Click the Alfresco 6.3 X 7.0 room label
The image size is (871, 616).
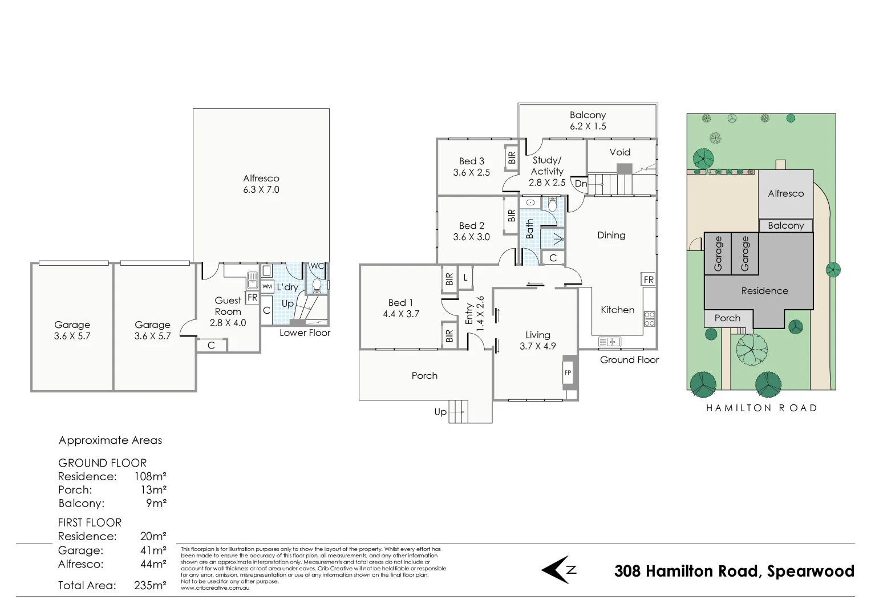click(x=261, y=184)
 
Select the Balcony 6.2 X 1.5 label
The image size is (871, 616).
click(x=588, y=120)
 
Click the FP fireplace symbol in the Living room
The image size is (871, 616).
click(x=568, y=372)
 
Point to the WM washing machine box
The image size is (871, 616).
click(x=268, y=286)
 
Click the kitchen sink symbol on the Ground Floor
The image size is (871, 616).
click(x=610, y=342)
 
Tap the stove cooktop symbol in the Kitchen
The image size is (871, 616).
click(x=649, y=319)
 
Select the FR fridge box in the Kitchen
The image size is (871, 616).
click(x=649, y=279)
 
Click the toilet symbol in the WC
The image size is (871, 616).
click(x=317, y=285)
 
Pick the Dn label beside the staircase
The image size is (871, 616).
click(x=581, y=184)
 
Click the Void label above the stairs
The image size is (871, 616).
click(x=619, y=152)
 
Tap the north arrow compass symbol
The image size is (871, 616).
click(x=559, y=569)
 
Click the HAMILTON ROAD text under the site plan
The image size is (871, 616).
click(x=761, y=408)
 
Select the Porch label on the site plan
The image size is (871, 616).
click(x=727, y=318)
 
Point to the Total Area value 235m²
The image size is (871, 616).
click(x=150, y=585)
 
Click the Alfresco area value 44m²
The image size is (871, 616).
click(x=153, y=564)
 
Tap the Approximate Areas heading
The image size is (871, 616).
click(x=110, y=440)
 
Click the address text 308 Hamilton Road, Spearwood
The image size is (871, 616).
click(x=734, y=571)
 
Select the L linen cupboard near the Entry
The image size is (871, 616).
click(x=465, y=278)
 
